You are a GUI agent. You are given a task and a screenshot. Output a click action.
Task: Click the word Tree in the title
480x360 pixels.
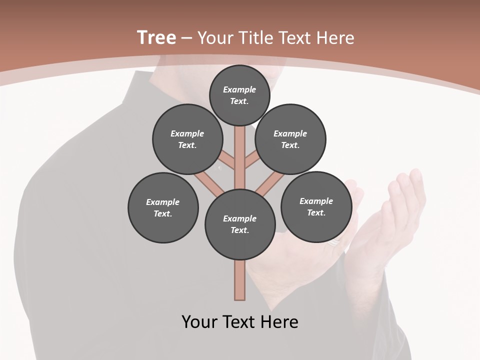tap(156, 37)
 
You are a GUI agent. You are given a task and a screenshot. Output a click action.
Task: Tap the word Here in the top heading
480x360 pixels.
tap(335, 37)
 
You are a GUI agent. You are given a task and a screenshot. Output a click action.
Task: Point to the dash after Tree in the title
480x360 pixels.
tap(186, 38)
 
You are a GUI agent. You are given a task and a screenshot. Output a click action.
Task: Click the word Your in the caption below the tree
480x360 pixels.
tap(199, 322)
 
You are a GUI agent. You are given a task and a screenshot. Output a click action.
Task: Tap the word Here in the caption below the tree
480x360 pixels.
tap(279, 322)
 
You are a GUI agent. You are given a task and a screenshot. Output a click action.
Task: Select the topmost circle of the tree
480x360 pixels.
tap(239, 95)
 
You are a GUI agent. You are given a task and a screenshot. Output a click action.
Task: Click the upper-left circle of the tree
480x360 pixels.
tap(187, 139)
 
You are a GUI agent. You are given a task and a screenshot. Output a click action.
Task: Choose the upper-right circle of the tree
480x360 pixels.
tap(290, 139)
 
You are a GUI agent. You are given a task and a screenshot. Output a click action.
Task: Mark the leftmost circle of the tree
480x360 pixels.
tap(163, 207)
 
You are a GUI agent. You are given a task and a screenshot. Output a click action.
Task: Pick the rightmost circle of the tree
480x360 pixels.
tap(316, 206)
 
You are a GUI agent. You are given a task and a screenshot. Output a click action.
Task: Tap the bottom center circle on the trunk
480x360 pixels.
tap(240, 224)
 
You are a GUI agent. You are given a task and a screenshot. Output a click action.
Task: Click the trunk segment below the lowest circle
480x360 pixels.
tap(240, 280)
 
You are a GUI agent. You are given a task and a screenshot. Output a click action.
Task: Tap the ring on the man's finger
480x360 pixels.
tap(334, 243)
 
